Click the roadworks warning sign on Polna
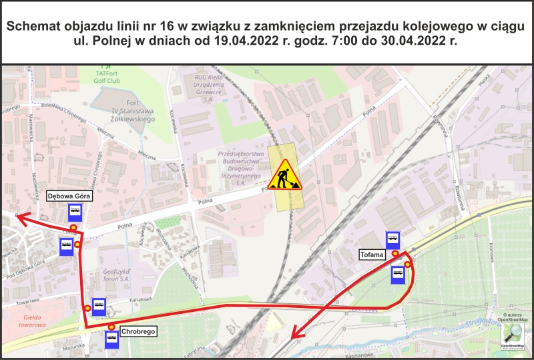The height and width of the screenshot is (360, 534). pos(286,174)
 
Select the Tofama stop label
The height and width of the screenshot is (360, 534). pos(372,254)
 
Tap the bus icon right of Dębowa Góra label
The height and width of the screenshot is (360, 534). pos(75,213)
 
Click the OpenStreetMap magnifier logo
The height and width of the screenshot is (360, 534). pos(514,333)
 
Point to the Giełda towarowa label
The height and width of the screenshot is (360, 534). pos(33,321)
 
